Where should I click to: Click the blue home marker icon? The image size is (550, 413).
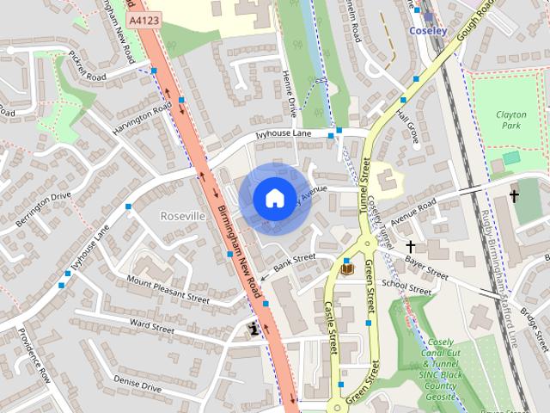(x=273, y=198)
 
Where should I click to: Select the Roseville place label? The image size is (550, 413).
(x=183, y=215)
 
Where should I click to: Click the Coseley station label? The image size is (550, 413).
(x=428, y=29)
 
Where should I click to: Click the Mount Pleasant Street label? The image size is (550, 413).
(x=168, y=289)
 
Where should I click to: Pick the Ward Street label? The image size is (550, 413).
(x=151, y=326)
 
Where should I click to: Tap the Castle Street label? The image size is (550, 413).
(x=331, y=327)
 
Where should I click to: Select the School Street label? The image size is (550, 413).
(x=406, y=287)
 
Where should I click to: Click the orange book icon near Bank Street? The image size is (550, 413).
(x=347, y=269)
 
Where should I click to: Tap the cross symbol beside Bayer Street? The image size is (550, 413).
(x=411, y=248)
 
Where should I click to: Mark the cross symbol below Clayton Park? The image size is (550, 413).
(x=514, y=196)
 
